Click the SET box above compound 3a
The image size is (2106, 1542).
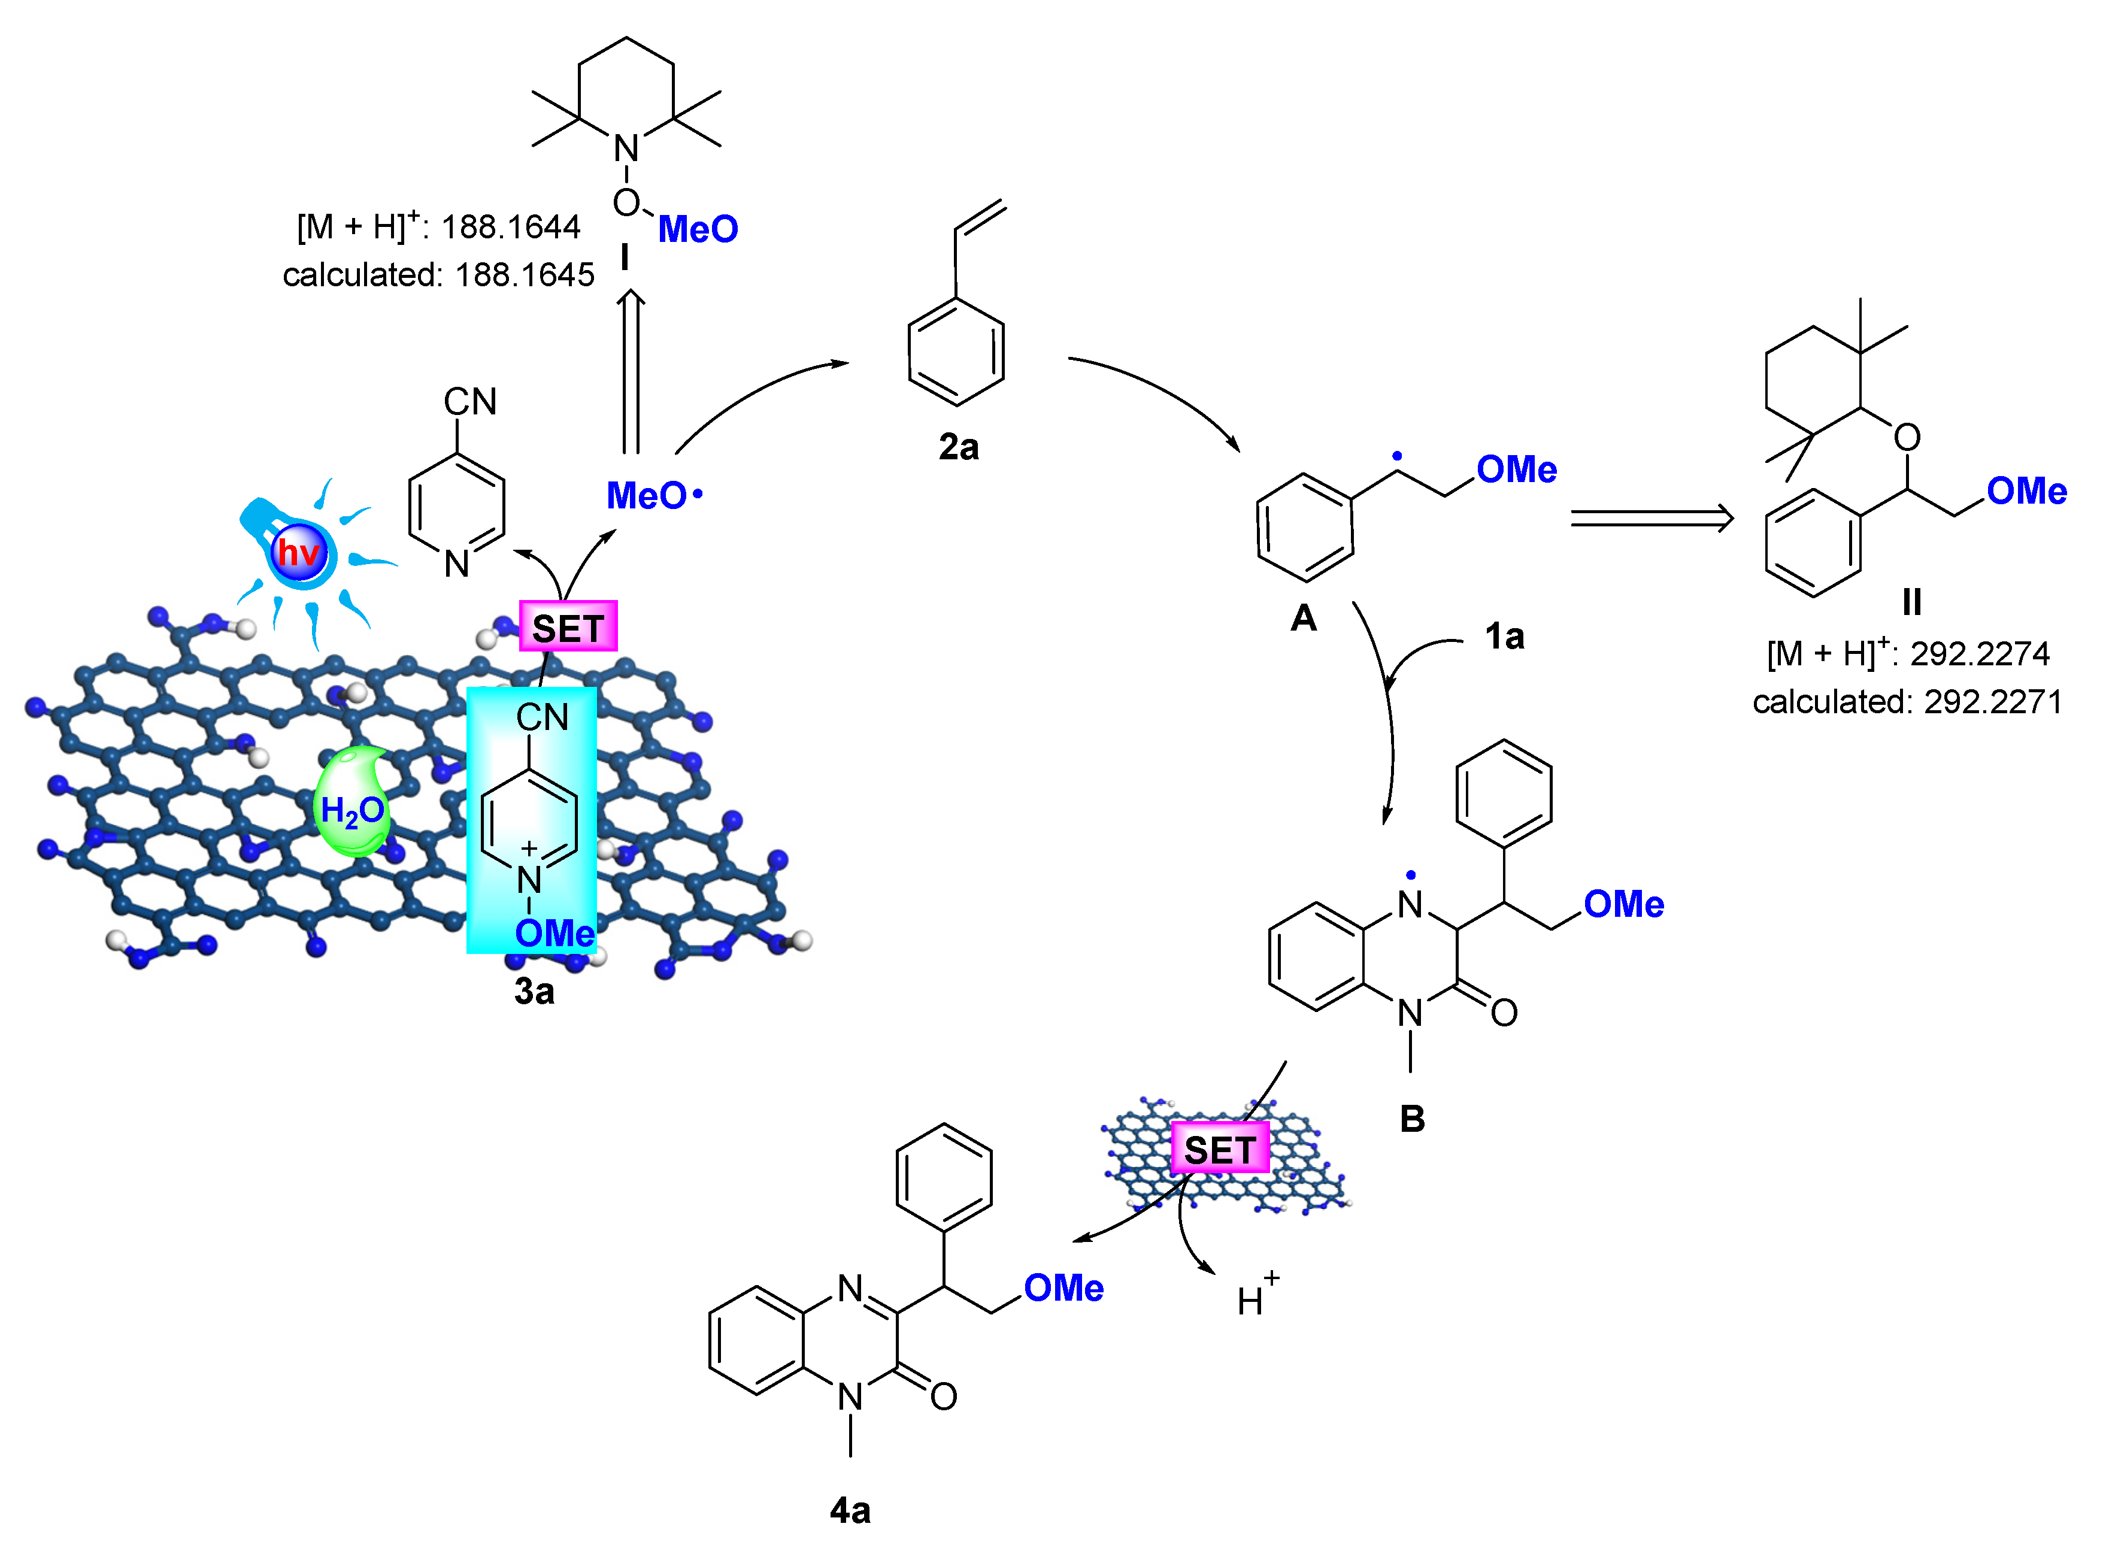pyautogui.click(x=567, y=627)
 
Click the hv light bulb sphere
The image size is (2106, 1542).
pyautogui.click(x=299, y=553)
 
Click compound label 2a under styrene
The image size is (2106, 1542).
pyautogui.click(x=958, y=447)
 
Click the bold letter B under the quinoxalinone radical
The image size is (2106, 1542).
pyautogui.click(x=1412, y=1118)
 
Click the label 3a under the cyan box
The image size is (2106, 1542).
pyautogui.click(x=534, y=991)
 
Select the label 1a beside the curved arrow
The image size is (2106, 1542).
pyautogui.click(x=1504, y=637)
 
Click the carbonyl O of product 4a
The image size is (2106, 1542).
pyautogui.click(x=943, y=1396)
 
